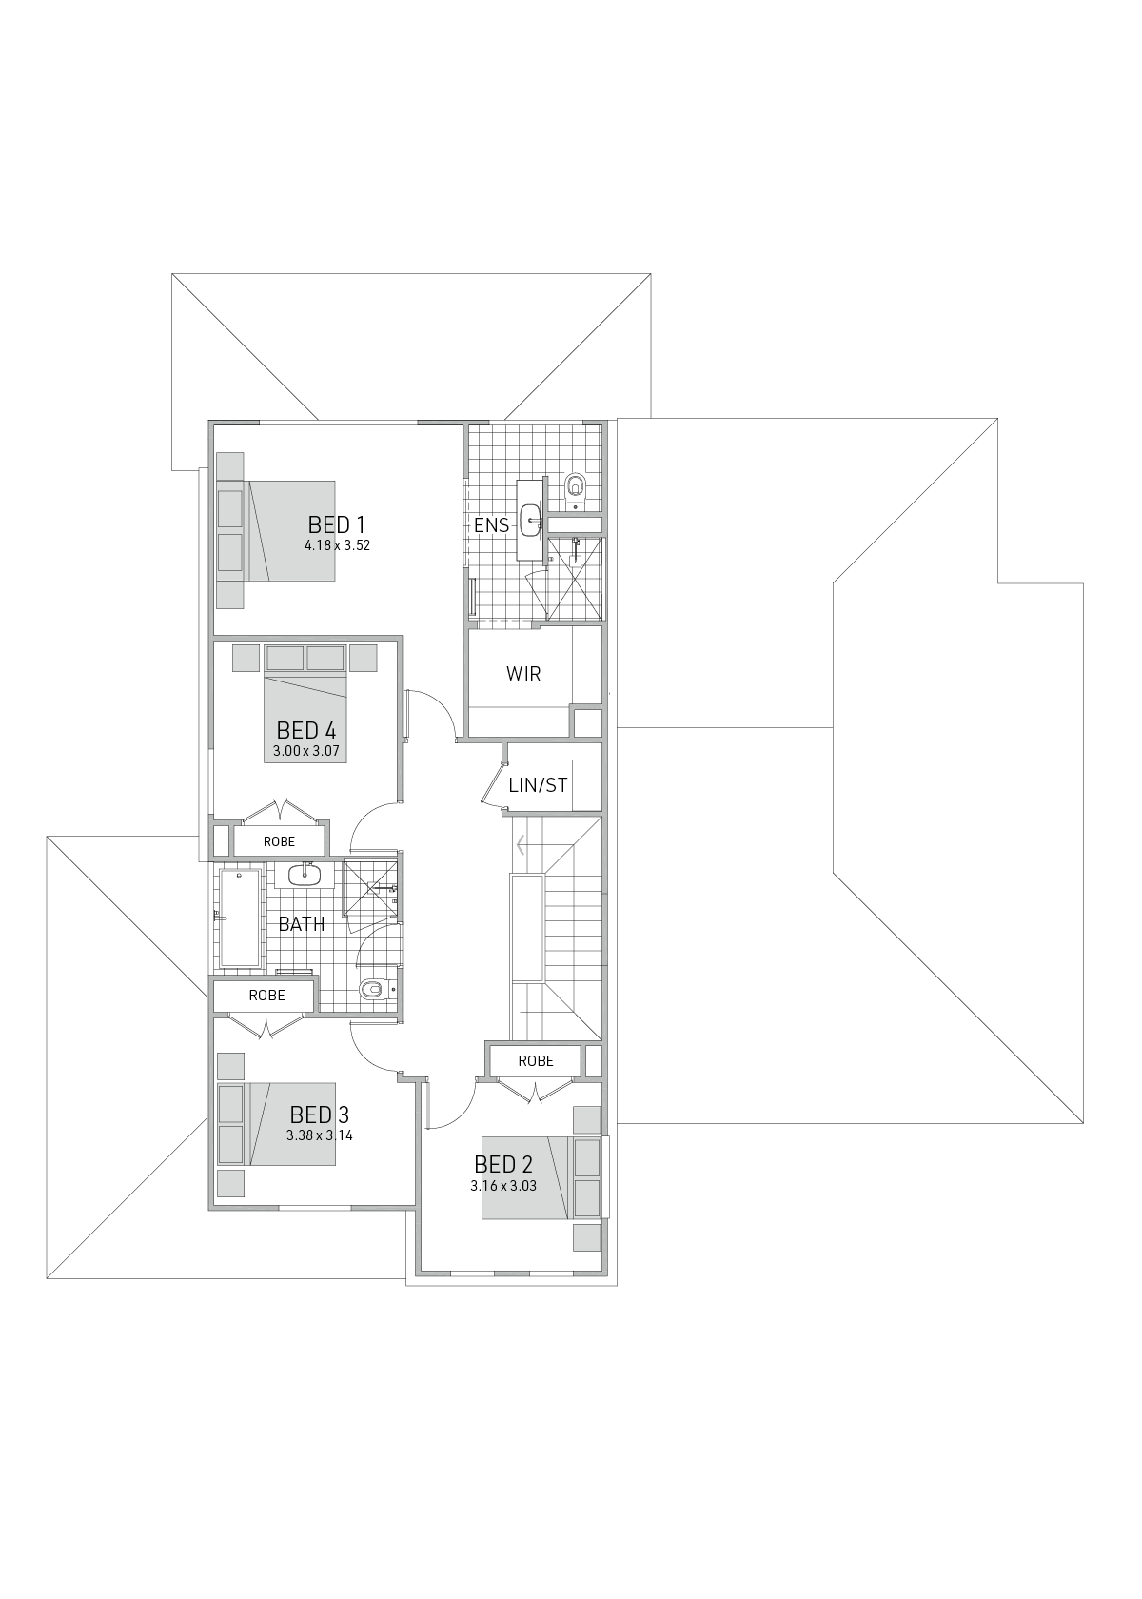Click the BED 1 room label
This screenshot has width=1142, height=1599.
[336, 524]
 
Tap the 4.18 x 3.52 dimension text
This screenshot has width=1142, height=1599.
[337, 546]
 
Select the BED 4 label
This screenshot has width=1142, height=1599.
[305, 731]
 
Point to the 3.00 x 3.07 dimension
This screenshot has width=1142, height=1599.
[305, 752]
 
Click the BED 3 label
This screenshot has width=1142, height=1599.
[319, 1115]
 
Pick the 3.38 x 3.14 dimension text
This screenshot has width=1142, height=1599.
[320, 1135]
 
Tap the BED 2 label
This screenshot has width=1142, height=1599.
[503, 1165]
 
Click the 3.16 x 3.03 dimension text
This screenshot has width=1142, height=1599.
[503, 1186]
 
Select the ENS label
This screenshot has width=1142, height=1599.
[491, 524]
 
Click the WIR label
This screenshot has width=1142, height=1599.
[523, 674]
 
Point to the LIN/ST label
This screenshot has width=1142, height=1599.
[538, 785]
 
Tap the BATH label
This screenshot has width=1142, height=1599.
[302, 924]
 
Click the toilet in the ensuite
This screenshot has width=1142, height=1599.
[575, 486]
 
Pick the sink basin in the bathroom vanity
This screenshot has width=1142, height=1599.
[307, 874]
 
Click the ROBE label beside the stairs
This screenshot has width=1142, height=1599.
[536, 1061]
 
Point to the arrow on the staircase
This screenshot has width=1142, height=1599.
[521, 844]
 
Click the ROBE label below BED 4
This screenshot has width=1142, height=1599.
[279, 841]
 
